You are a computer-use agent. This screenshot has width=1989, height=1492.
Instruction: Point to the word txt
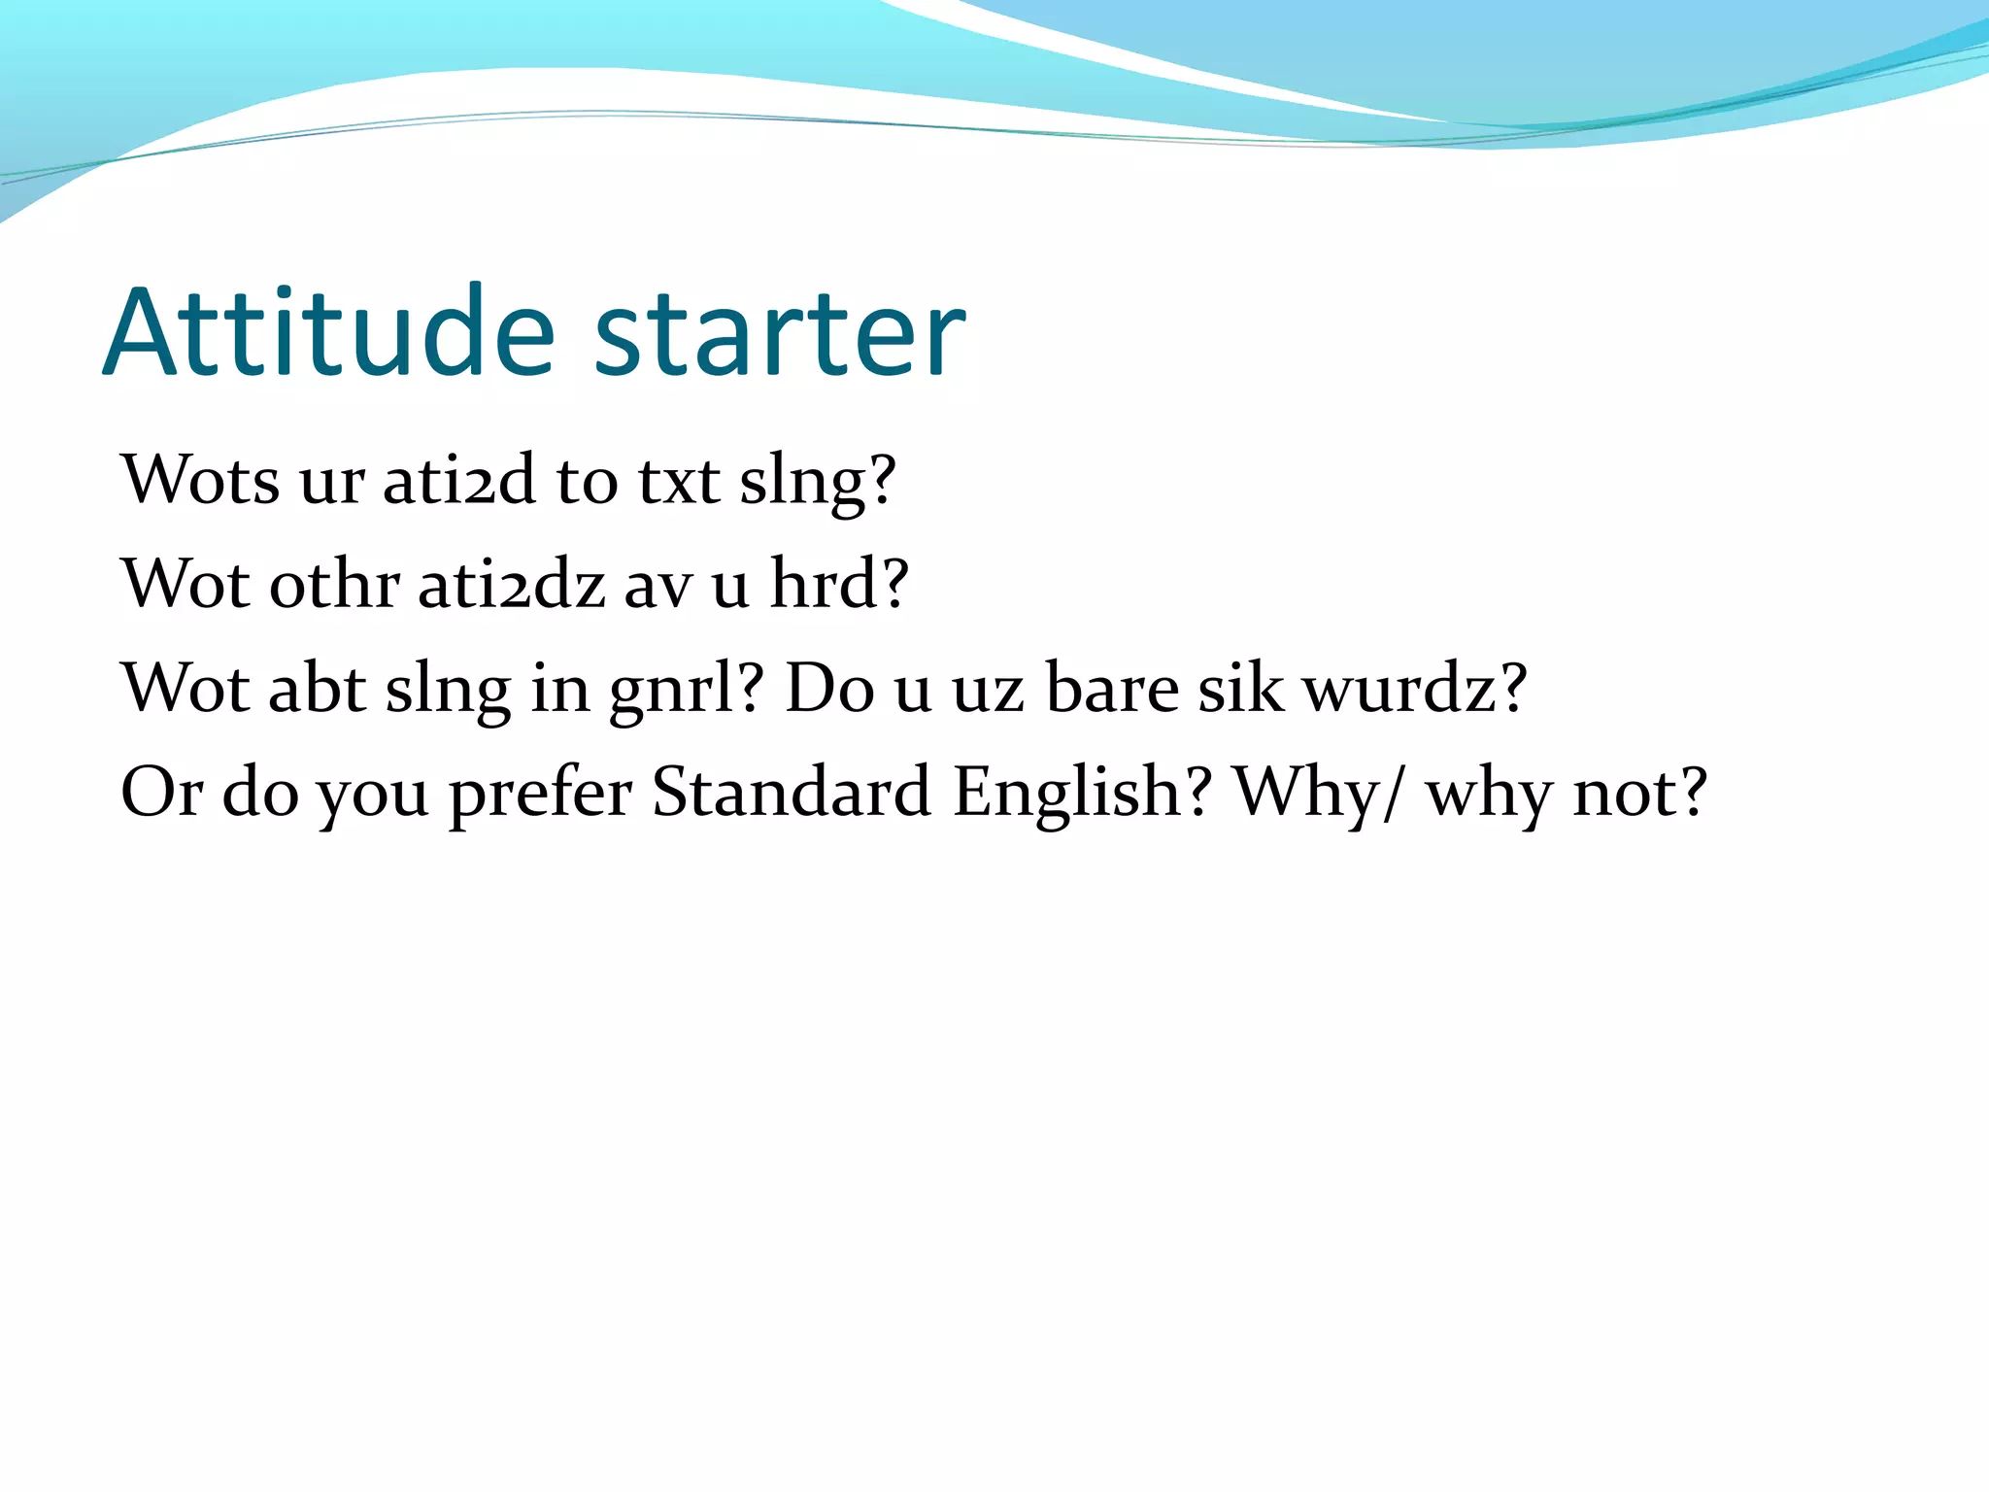679,481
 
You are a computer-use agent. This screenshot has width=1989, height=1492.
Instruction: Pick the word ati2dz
512,585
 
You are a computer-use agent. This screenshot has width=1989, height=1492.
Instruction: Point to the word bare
1112,688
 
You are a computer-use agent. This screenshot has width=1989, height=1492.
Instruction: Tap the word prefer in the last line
540,795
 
